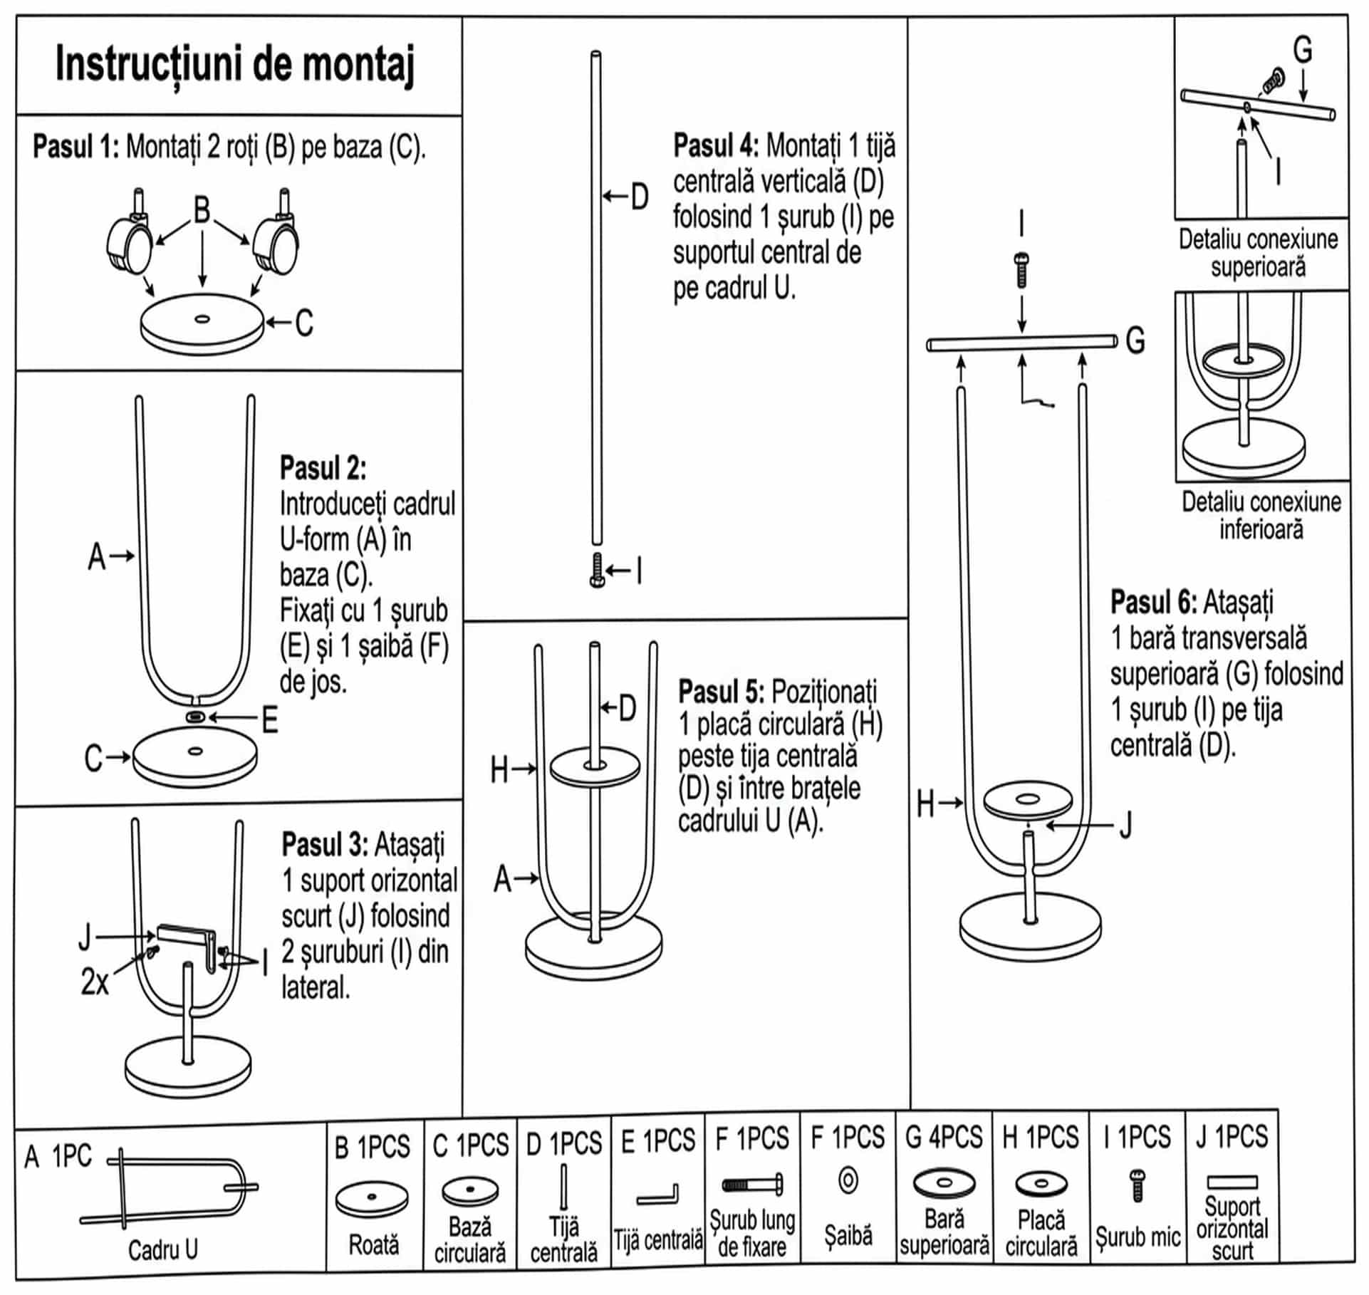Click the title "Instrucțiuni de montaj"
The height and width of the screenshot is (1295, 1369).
[234, 65]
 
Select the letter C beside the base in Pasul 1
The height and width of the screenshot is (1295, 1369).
[304, 323]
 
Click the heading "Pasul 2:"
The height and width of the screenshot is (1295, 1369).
[323, 468]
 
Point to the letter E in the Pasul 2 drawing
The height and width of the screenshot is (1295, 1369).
[270, 721]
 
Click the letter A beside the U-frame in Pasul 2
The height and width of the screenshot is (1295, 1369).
[97, 557]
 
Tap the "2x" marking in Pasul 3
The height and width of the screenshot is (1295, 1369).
[95, 982]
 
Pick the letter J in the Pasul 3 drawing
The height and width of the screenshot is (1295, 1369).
[85, 937]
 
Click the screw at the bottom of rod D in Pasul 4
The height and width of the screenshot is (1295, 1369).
[597, 571]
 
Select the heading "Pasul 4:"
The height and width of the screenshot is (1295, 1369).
[717, 145]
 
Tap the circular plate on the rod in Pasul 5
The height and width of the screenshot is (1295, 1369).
[595, 767]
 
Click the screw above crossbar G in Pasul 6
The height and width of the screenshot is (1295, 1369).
[1022, 270]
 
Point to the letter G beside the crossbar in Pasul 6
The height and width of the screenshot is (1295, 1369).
[1135, 340]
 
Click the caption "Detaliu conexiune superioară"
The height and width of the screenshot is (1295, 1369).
[1258, 253]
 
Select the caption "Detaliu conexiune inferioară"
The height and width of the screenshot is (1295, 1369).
[1261, 515]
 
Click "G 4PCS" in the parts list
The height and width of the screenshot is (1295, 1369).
[943, 1137]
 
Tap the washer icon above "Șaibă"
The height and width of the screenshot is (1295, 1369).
[848, 1181]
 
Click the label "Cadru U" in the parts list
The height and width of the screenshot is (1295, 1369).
[163, 1249]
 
